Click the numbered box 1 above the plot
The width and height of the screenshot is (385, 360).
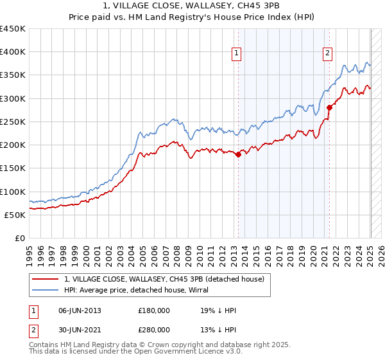pos(237,53)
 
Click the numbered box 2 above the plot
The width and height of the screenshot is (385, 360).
pos(327,53)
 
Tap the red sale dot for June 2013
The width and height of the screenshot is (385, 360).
pos(238,154)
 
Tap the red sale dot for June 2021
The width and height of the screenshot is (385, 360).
pos(329,107)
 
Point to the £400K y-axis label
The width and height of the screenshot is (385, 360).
pos(13,52)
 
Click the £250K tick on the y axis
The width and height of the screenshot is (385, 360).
pos(13,122)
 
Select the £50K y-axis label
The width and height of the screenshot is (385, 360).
pos(15,215)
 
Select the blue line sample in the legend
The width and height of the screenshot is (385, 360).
pos(46,290)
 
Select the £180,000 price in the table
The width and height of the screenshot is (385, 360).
pos(153,310)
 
